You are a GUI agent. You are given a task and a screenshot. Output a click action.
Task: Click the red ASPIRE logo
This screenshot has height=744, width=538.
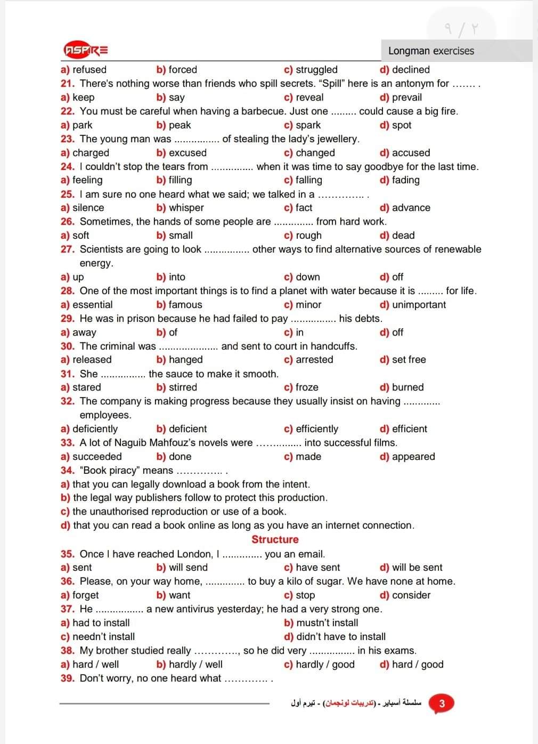pos(86,51)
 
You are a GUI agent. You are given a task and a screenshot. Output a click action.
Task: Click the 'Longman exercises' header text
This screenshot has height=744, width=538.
pos(431,51)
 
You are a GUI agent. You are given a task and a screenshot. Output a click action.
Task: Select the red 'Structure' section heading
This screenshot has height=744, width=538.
pos(275,539)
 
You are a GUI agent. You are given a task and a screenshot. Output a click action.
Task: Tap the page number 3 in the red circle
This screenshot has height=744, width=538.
pos(442,703)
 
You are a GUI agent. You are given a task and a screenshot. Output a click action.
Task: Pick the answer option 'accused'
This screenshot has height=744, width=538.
pos(411,153)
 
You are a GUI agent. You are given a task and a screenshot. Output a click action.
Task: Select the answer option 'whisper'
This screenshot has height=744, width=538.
pos(186,208)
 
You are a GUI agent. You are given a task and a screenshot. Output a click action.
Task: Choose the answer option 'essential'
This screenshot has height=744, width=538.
pos(92,305)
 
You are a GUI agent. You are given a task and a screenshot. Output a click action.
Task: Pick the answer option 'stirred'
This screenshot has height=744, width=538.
pos(183,387)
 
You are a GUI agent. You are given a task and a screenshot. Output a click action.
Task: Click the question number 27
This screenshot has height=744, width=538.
pos(68,249)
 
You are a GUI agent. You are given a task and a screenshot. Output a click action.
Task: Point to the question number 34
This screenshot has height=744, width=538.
pos(68,471)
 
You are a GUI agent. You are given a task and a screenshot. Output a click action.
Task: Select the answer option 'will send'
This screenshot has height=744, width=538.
pos(188,568)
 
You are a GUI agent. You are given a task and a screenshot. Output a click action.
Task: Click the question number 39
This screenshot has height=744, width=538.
pos(68,678)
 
